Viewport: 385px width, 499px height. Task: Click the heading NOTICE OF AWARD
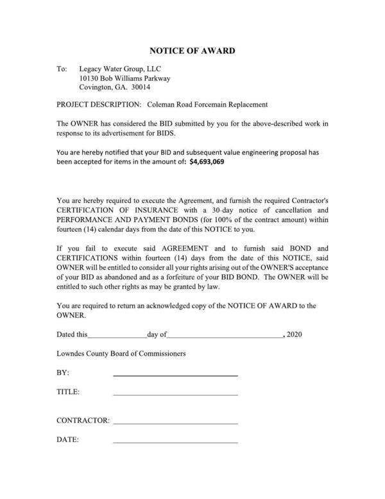pyautogui.click(x=192, y=50)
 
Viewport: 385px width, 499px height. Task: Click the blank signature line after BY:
pyautogui.click(x=175, y=374)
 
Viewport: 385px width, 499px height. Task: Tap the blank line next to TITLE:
pyautogui.click(x=175, y=394)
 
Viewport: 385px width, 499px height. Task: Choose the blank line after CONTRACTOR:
pyautogui.click(x=175, y=423)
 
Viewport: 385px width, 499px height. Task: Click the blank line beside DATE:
pyautogui.click(x=175, y=442)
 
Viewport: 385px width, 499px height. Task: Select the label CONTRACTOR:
pyautogui.click(x=83, y=421)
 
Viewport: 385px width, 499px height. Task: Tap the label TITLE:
pyautogui.click(x=68, y=391)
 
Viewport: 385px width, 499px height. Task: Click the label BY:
pyautogui.click(x=63, y=372)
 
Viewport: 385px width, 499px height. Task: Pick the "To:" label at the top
pyautogui.click(x=62, y=67)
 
